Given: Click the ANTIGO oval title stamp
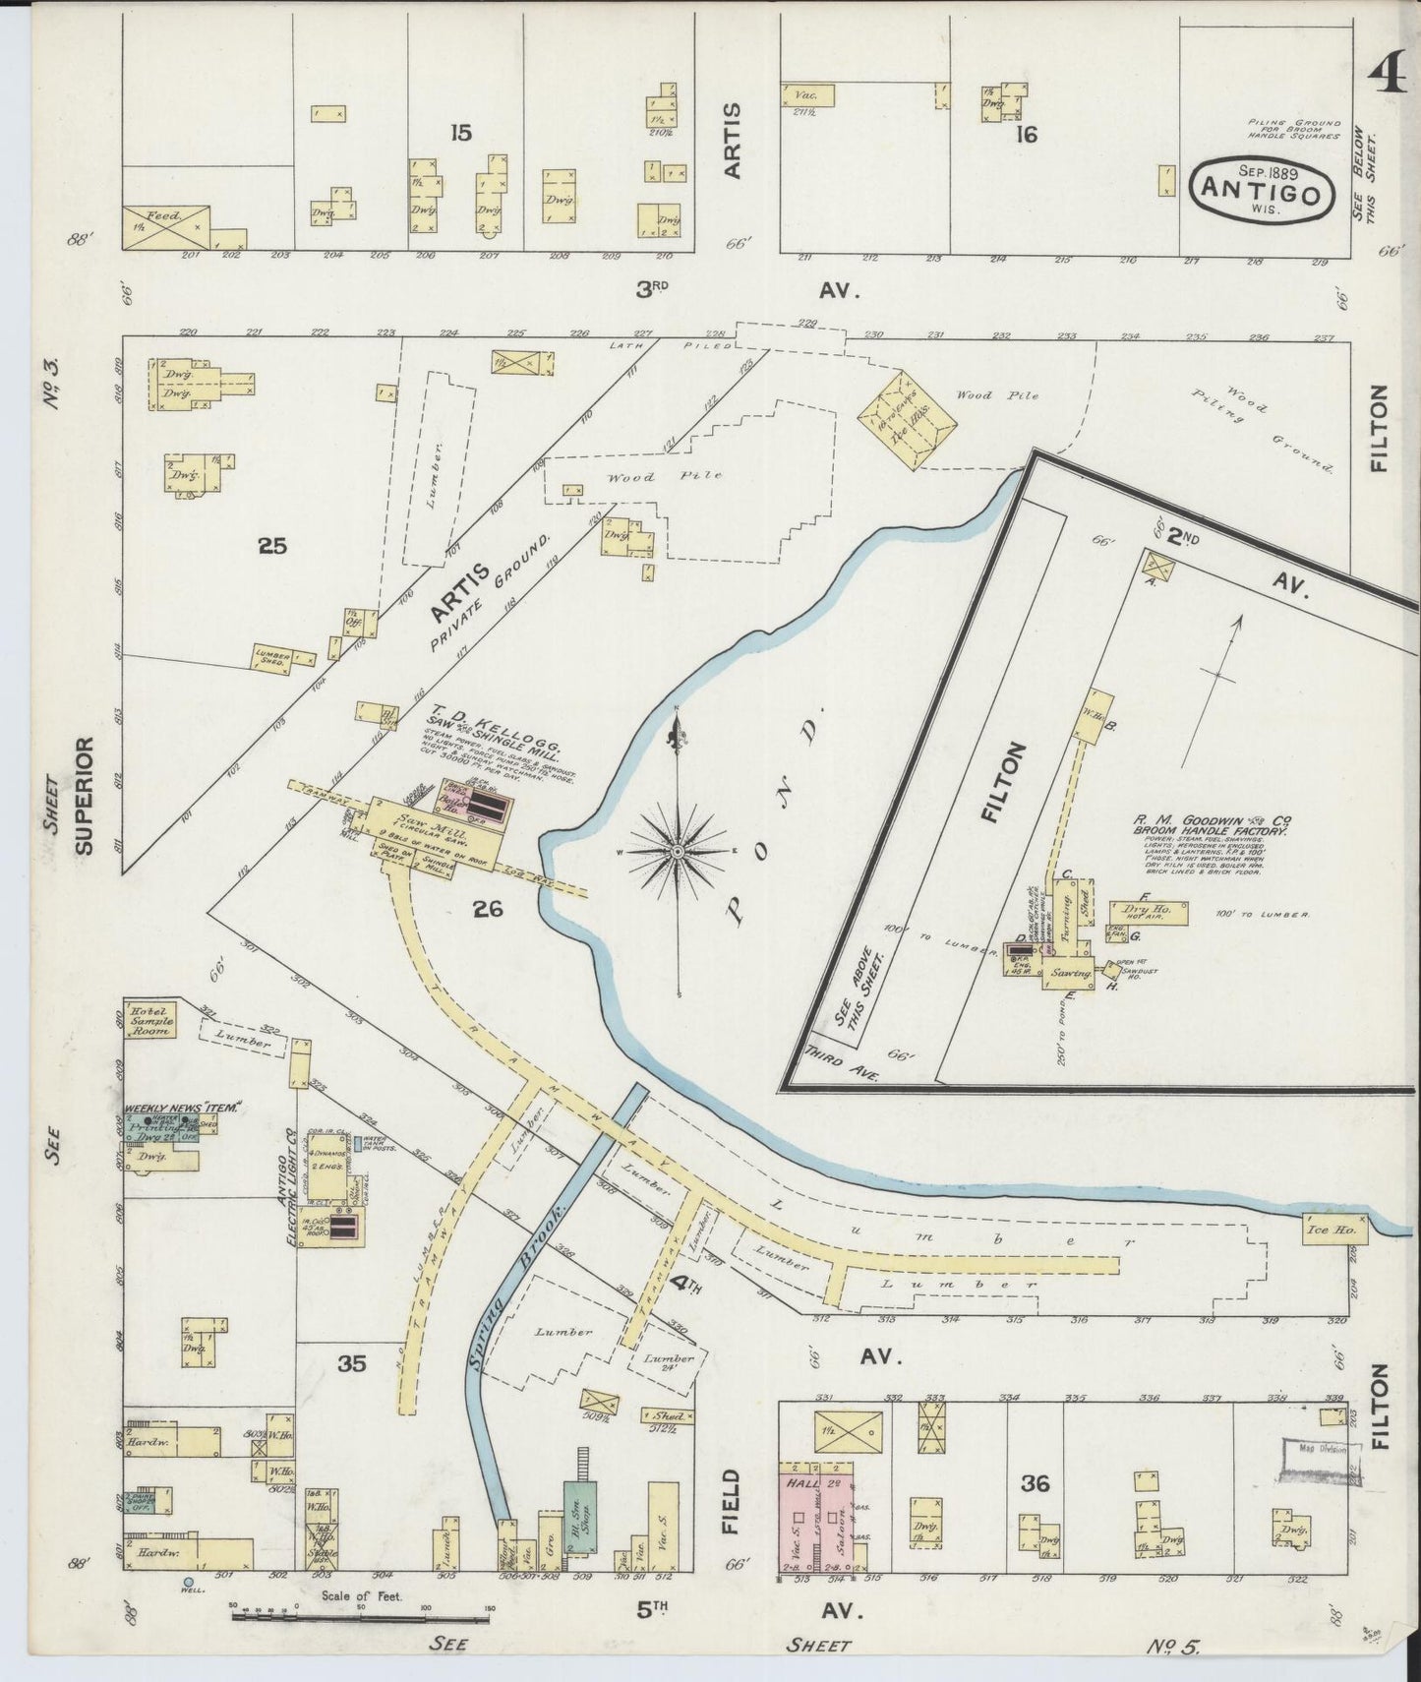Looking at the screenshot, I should (1262, 187).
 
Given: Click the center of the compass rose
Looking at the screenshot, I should (679, 848).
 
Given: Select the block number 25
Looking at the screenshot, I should (271, 545).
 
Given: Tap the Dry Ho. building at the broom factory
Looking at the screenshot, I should (1149, 911).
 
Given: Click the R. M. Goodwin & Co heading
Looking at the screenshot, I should (1212, 820).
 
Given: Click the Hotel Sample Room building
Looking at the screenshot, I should (149, 1020).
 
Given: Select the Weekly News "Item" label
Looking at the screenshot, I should (183, 1109).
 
